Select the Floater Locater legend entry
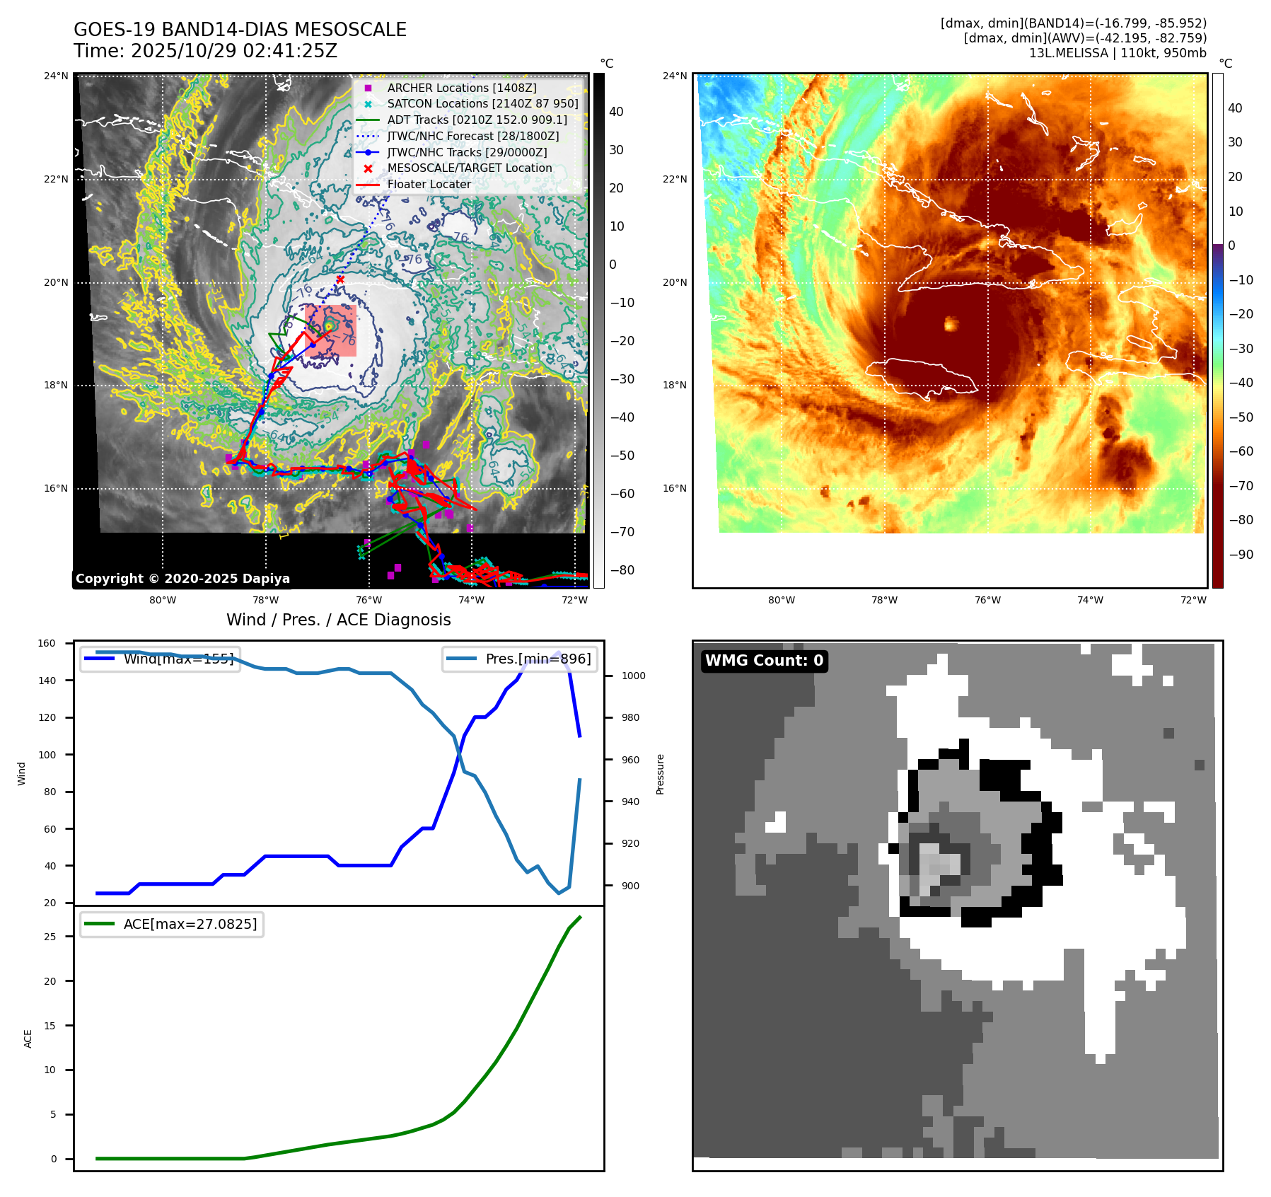pyautogui.click(x=429, y=185)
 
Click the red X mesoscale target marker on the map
pyautogui.click(x=340, y=279)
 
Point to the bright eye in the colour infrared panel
pyautogui.click(x=951, y=324)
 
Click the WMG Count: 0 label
pyautogui.click(x=764, y=661)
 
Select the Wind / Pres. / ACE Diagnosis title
pyautogui.click(x=338, y=620)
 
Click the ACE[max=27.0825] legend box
pyautogui.click(x=172, y=924)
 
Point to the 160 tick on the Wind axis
pyautogui.click(x=47, y=643)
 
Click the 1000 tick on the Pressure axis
pyautogui.click(x=633, y=676)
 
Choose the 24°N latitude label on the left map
pyautogui.click(x=57, y=76)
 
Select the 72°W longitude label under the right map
pyautogui.click(x=1193, y=600)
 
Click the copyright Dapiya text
pyautogui.click(x=182, y=579)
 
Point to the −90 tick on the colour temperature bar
pyautogui.click(x=1241, y=555)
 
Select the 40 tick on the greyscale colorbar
pyautogui.click(x=616, y=112)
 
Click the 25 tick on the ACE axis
pyautogui.click(x=50, y=937)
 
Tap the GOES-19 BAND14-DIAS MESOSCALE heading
pyautogui.click(x=240, y=30)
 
